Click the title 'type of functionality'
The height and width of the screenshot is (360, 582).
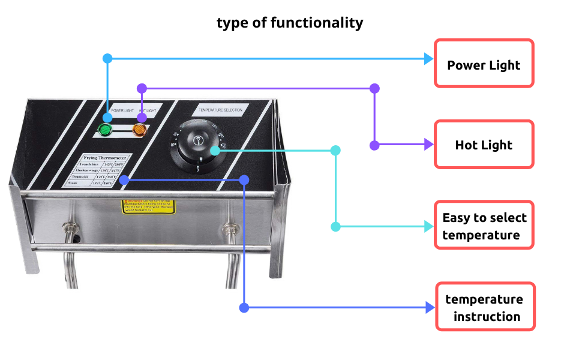click(x=290, y=23)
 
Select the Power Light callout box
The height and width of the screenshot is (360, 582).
click(x=484, y=64)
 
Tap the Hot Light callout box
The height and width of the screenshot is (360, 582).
click(x=484, y=144)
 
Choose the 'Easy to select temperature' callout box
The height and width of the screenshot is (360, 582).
click(x=484, y=226)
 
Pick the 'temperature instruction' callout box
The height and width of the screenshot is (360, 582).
click(x=484, y=307)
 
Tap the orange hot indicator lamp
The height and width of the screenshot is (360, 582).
click(x=139, y=129)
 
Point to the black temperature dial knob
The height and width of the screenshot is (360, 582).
click(x=199, y=145)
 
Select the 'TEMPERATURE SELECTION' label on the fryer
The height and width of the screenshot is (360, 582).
click(x=220, y=110)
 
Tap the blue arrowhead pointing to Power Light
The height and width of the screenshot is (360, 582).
click(x=428, y=59)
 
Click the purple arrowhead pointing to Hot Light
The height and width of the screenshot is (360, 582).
click(x=428, y=145)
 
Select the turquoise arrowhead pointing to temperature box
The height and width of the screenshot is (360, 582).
click(x=428, y=226)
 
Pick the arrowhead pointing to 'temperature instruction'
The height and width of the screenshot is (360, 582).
click(x=429, y=308)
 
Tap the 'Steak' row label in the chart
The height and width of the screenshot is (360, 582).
click(x=74, y=183)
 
